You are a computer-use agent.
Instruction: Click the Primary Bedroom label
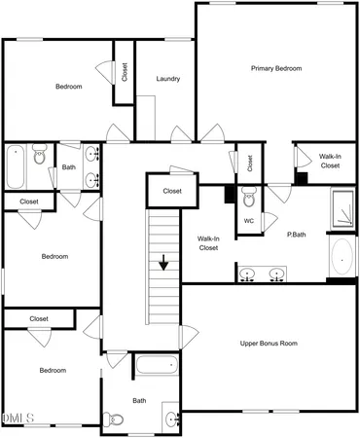tap(276, 68)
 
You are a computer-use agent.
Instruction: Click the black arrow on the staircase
tap(163, 261)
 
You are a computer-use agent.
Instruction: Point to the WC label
tap(249, 221)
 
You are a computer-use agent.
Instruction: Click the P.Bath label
tap(298, 235)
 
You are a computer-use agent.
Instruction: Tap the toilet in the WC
tap(249, 201)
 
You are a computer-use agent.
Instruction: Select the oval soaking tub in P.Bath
tap(343, 257)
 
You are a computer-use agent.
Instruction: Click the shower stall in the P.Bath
tap(343, 207)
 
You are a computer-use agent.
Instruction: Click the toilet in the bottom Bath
tap(116, 420)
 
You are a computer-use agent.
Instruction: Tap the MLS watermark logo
tap(18, 419)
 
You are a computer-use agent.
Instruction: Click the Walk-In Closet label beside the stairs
tap(208, 243)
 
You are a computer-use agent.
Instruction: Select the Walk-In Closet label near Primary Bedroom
tap(330, 161)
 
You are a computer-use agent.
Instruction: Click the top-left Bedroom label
tap(68, 87)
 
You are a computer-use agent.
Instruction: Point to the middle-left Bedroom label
tap(54, 257)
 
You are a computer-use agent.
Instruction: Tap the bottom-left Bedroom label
tap(53, 370)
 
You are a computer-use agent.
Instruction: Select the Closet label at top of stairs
tap(172, 191)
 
